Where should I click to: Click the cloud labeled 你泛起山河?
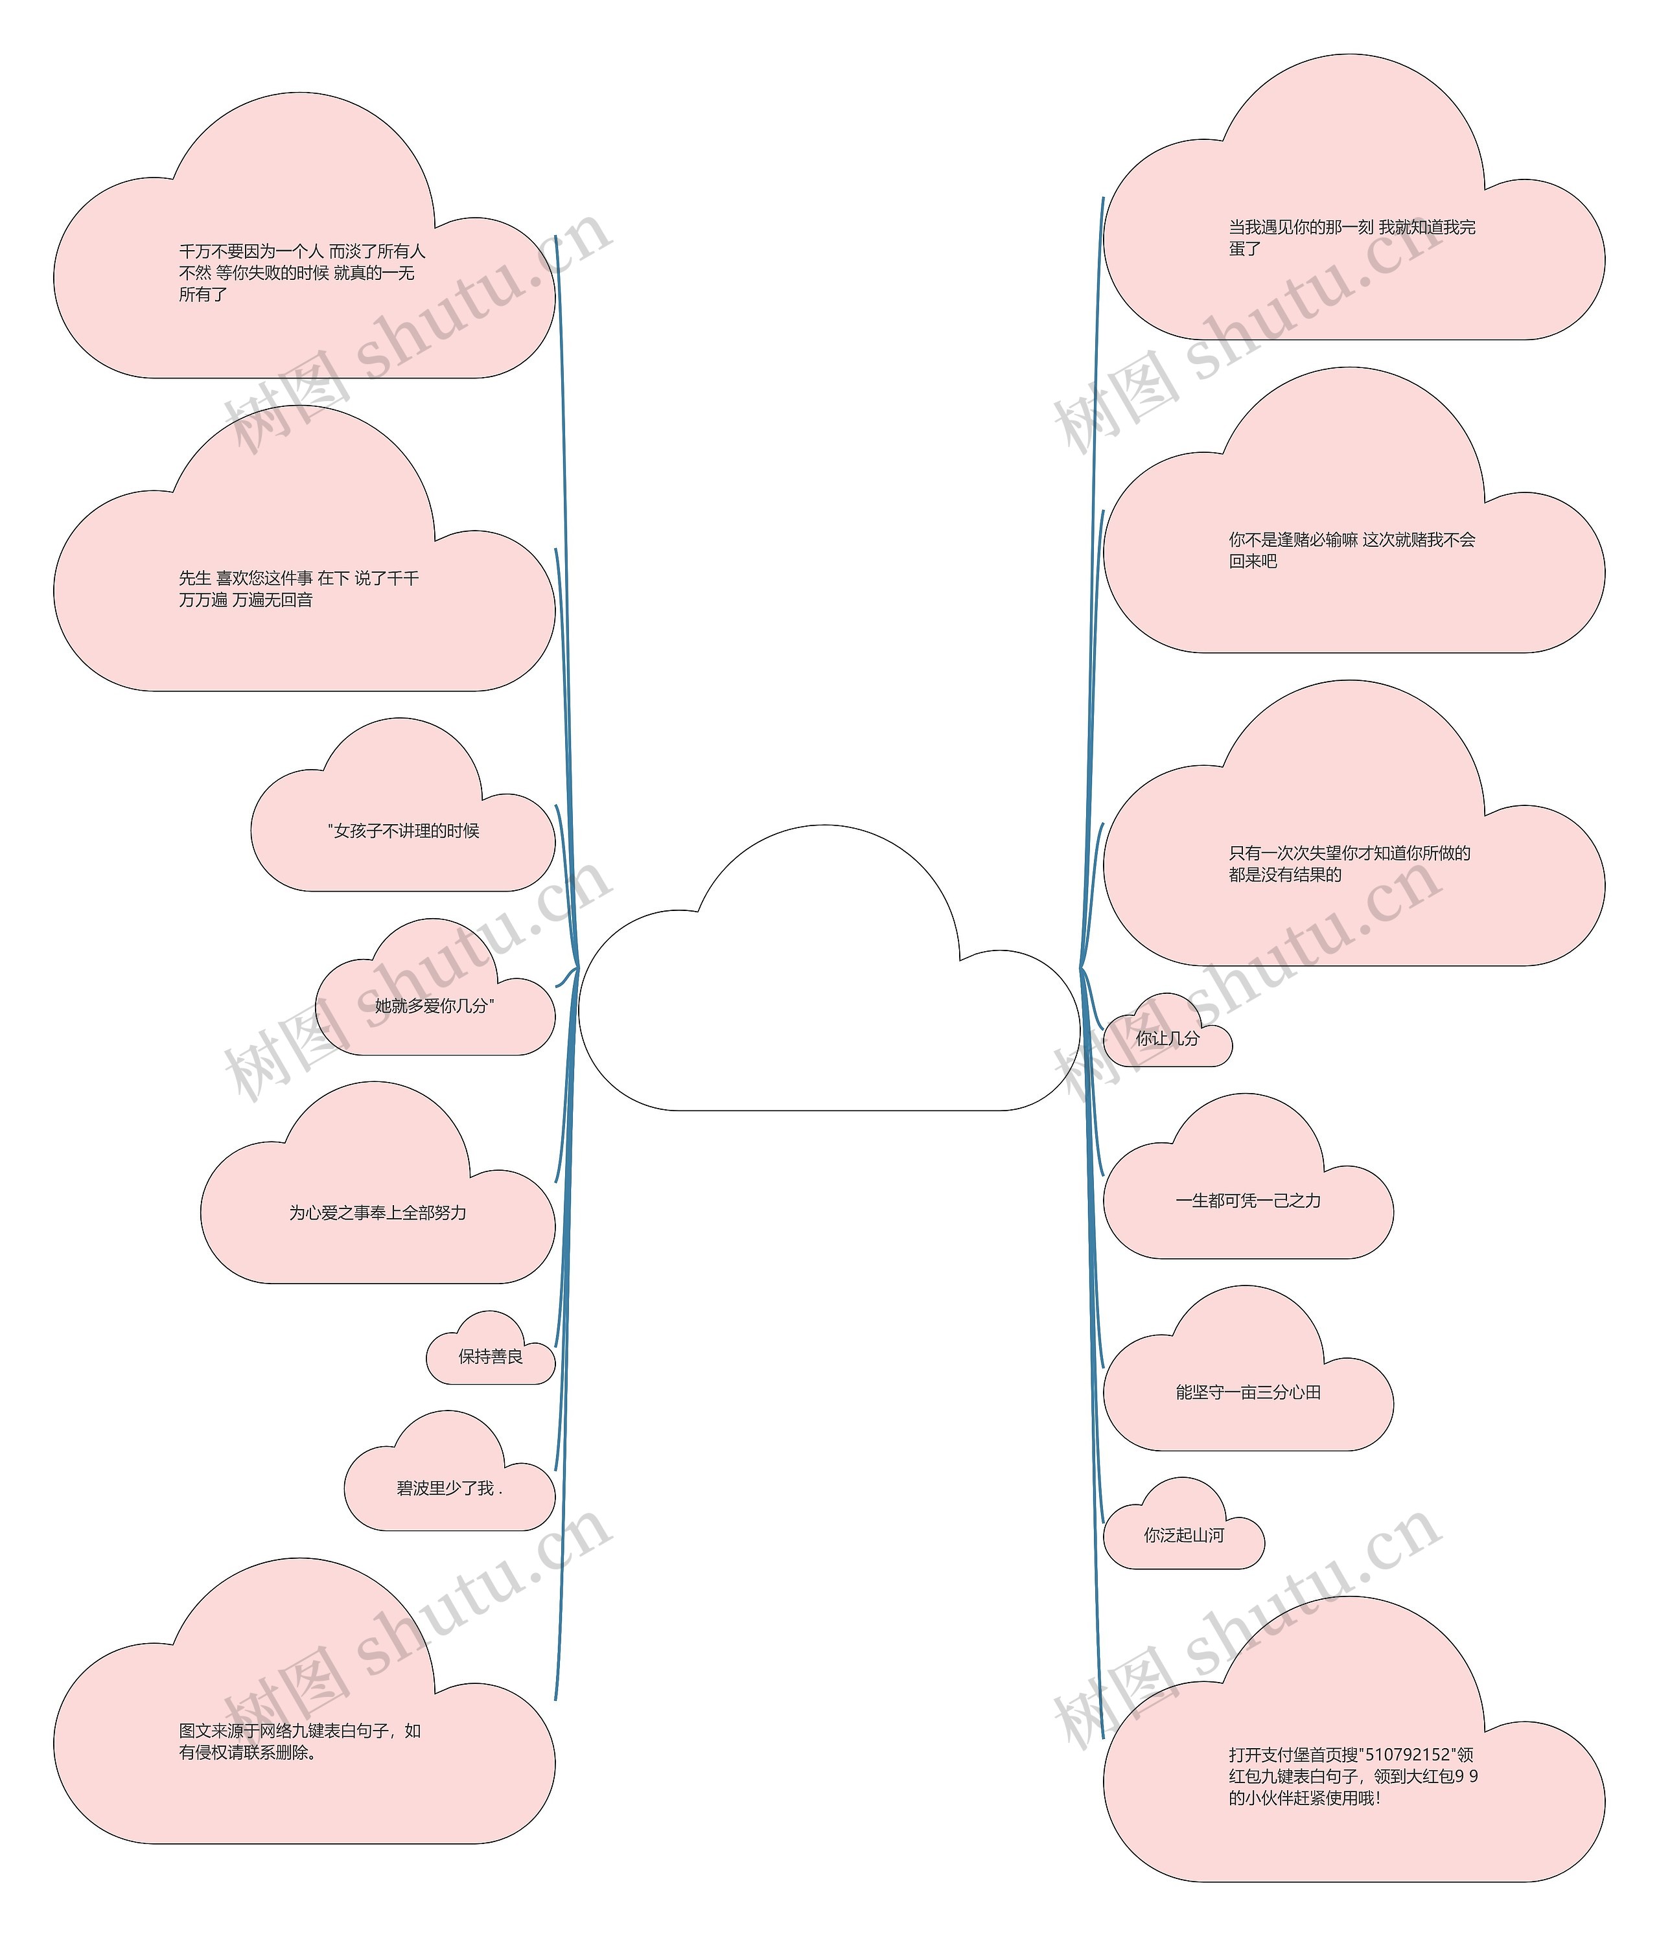click(1183, 1534)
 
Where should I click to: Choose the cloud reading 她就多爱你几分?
click(435, 1006)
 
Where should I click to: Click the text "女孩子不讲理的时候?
click(404, 831)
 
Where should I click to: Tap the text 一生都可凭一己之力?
click(1249, 1201)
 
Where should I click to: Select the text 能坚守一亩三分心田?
click(1249, 1392)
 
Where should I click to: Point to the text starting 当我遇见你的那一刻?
click(1351, 227)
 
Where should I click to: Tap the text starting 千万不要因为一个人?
click(302, 251)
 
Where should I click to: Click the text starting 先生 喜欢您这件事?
click(299, 579)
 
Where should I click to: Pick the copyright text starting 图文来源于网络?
click(300, 1731)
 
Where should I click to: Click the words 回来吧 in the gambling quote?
click(1253, 562)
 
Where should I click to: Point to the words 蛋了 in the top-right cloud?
click(1245, 249)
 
